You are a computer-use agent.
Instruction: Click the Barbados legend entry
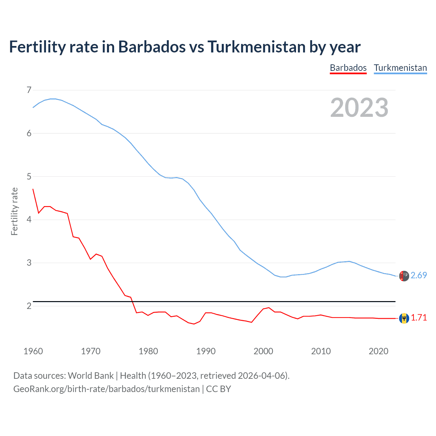tap(348, 68)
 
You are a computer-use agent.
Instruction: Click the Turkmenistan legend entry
tap(400, 68)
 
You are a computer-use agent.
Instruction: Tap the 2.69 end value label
tap(419, 275)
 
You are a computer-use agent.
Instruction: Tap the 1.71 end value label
tap(419, 317)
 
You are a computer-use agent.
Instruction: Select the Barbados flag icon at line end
tap(404, 318)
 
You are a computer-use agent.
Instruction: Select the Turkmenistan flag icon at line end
tap(404, 276)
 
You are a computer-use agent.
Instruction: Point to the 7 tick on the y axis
tap(29, 90)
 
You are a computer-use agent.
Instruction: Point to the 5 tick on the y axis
tap(29, 176)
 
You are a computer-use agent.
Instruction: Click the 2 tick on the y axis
tap(29, 306)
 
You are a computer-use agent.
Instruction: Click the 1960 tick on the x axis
tap(33, 351)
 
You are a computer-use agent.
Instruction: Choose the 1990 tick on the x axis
tap(206, 351)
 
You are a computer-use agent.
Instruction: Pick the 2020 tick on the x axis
tap(378, 351)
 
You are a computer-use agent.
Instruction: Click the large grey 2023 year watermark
tap(359, 108)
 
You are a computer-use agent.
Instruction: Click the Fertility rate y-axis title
tap(14, 211)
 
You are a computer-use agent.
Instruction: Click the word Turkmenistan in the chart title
tap(256, 47)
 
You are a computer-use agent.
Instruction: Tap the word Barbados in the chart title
tap(152, 47)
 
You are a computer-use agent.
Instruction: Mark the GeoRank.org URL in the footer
tap(106, 389)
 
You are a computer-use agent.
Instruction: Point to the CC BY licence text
tap(218, 389)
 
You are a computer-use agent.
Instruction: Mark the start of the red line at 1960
tap(33, 189)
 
